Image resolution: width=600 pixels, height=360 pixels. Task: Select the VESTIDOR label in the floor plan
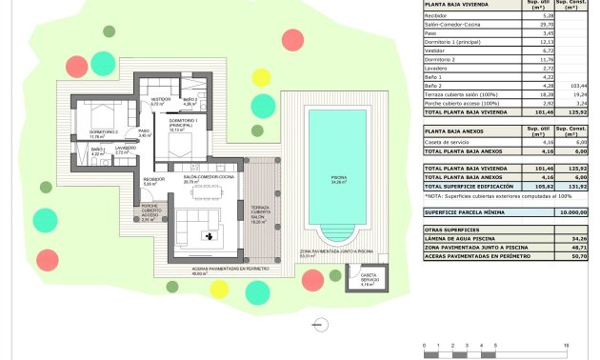(160, 99)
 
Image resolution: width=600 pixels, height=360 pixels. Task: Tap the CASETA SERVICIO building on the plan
(367, 279)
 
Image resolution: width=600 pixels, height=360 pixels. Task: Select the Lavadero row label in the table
(438, 69)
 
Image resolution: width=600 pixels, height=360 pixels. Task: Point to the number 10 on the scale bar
(566, 345)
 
